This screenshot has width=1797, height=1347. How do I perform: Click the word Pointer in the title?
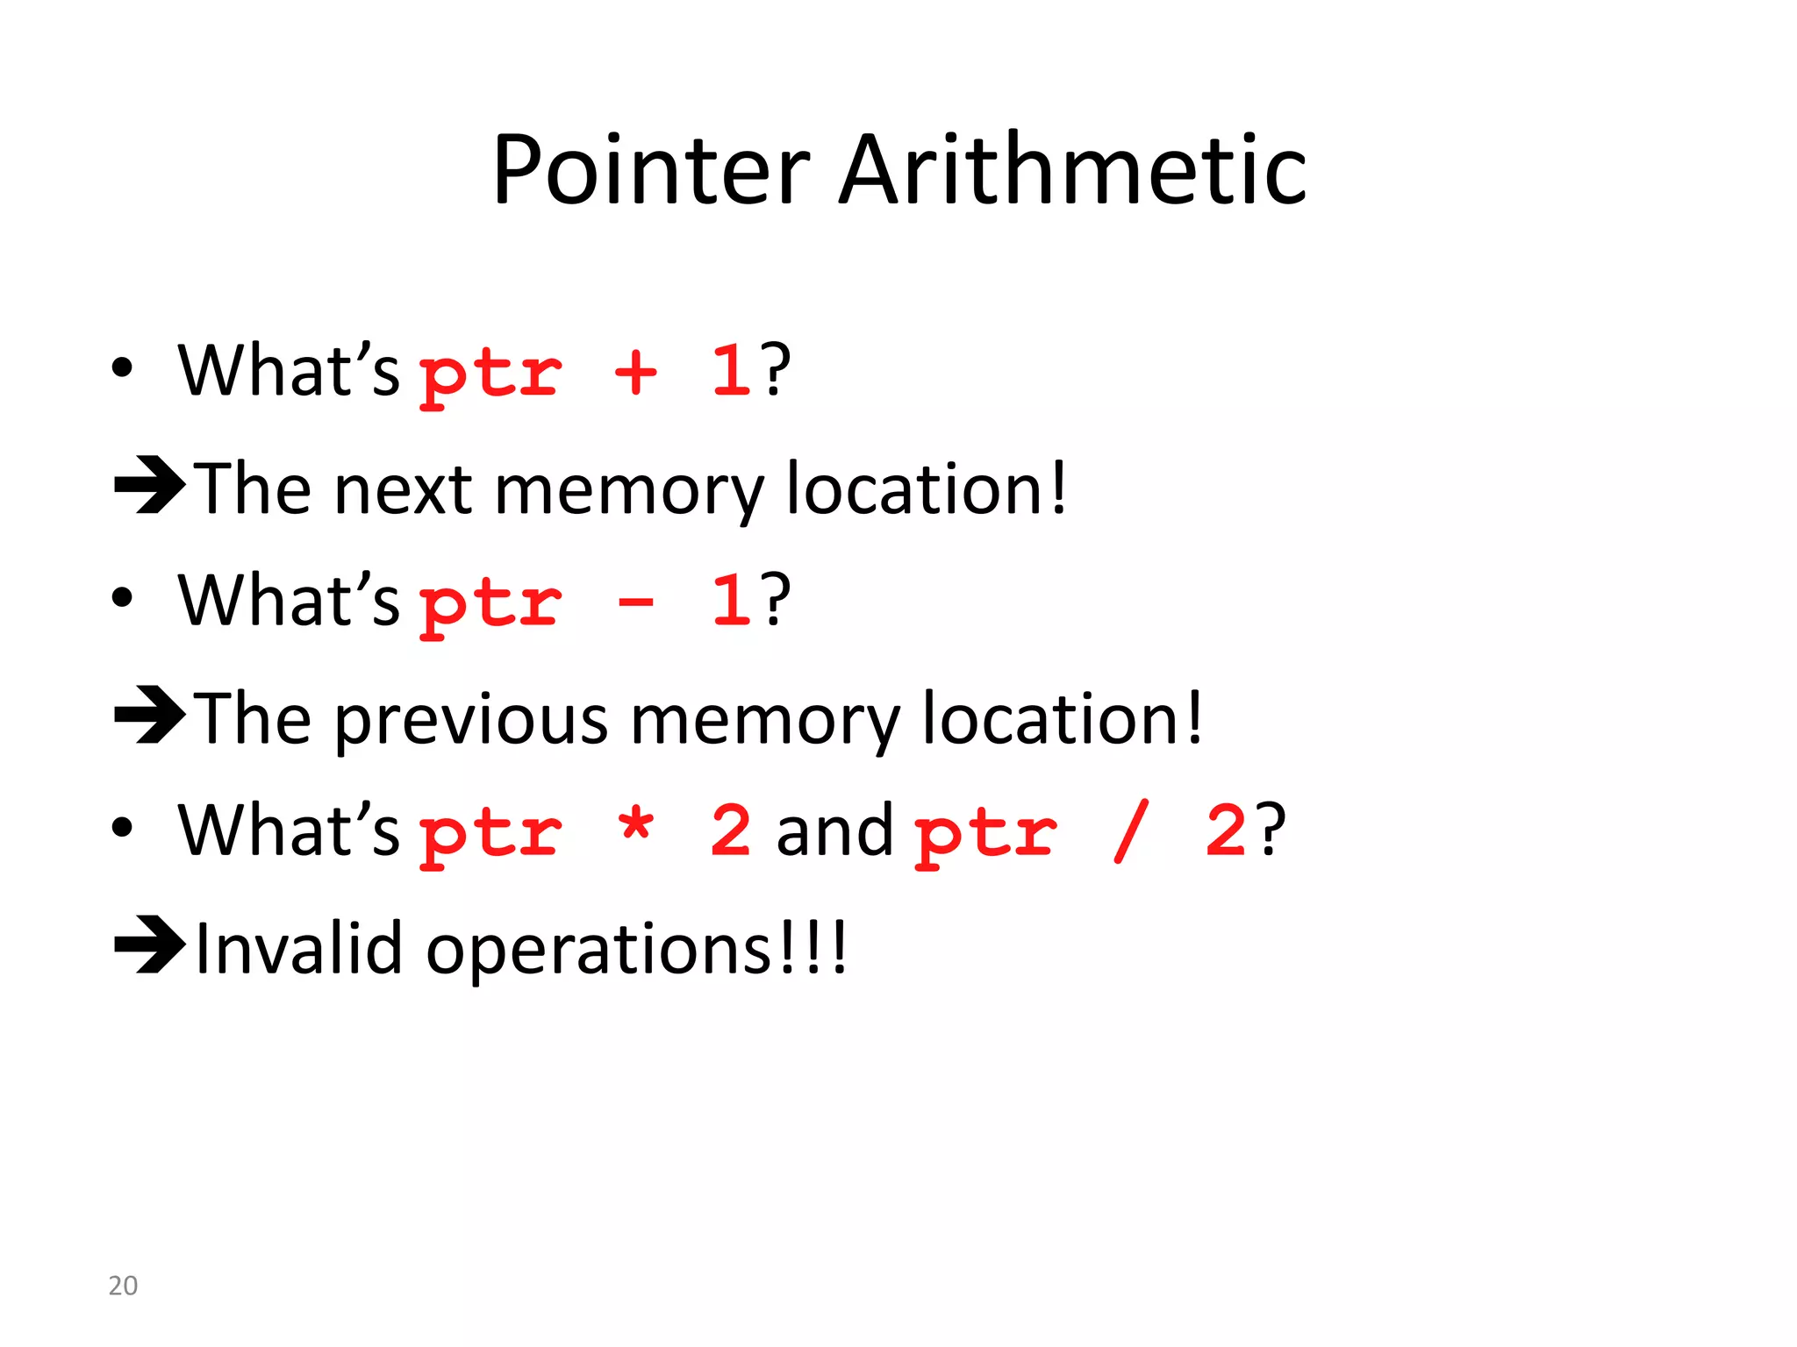click(x=650, y=171)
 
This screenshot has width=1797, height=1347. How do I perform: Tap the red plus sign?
click(x=636, y=373)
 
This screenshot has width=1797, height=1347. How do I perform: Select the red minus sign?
click(x=636, y=602)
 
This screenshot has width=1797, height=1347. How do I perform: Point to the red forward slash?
click(x=1131, y=831)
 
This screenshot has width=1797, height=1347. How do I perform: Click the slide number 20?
click(x=123, y=1286)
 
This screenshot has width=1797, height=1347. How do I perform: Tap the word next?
click(x=404, y=489)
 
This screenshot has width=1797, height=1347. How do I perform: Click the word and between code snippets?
click(x=834, y=830)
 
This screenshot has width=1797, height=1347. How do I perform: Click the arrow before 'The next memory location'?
click(x=149, y=484)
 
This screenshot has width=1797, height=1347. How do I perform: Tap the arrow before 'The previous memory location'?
click(x=149, y=715)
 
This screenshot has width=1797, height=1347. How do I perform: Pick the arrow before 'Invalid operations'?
click(x=149, y=944)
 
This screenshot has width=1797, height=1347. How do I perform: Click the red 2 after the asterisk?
click(x=731, y=830)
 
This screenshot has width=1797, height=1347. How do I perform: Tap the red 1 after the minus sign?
click(x=731, y=601)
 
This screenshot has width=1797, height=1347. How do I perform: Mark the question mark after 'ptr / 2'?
click(x=1271, y=830)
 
